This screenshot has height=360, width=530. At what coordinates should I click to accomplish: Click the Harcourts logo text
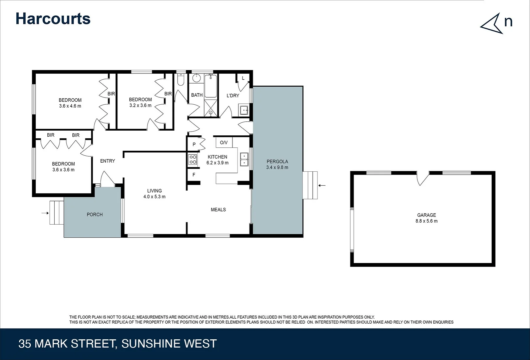tap(53, 19)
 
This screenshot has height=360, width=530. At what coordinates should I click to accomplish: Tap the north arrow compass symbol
tap(492, 24)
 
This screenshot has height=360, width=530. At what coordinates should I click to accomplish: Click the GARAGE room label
tap(426, 215)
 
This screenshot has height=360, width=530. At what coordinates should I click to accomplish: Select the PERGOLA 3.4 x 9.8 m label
tap(277, 164)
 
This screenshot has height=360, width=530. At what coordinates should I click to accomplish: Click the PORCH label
tap(95, 215)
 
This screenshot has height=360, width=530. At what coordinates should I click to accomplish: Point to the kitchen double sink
tap(244, 159)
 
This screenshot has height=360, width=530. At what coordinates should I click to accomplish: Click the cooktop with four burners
tap(193, 159)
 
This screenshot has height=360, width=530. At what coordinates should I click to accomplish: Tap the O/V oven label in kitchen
tap(224, 143)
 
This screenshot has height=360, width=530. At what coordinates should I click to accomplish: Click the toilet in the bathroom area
tap(180, 80)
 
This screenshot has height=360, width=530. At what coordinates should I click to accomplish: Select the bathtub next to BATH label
tap(210, 86)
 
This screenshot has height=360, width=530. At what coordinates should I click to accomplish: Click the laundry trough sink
tap(244, 110)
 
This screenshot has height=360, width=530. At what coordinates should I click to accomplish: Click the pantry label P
tap(194, 145)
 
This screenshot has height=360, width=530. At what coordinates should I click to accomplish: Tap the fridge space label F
tap(194, 175)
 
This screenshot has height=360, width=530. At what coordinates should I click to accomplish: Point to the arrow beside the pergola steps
tap(322, 186)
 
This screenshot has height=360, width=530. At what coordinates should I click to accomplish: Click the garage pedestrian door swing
tap(423, 179)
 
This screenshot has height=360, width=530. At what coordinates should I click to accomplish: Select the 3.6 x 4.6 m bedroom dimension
tap(70, 106)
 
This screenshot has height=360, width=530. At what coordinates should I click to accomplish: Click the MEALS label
tap(218, 210)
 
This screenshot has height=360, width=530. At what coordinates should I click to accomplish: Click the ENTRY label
tap(107, 161)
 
